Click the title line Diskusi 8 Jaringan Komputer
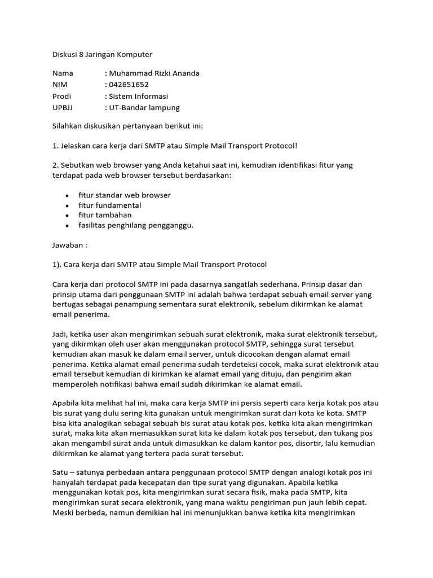pyautogui.click(x=102, y=55)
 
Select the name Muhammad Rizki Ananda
pyautogui.click(x=154, y=73)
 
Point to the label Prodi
pyautogui.click(x=62, y=97)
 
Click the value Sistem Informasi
pyautogui.click(x=138, y=97)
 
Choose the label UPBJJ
pyautogui.click(x=63, y=108)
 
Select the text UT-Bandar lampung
pyautogui.click(x=144, y=108)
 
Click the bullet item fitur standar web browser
pyautogui.click(x=125, y=195)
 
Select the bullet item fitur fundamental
pyautogui.click(x=110, y=205)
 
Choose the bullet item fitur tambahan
pyautogui.click(x=105, y=215)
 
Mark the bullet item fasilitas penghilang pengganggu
pyautogui.click(x=136, y=225)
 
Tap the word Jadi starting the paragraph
pyautogui.click(x=59, y=334)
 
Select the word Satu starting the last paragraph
pyautogui.click(x=60, y=472)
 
